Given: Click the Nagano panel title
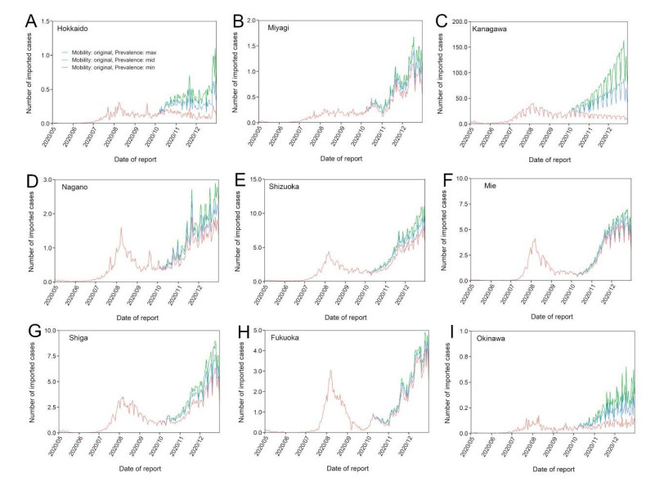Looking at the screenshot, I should pyautogui.click(x=74, y=187).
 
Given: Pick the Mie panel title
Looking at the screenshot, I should pyautogui.click(x=484, y=187).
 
